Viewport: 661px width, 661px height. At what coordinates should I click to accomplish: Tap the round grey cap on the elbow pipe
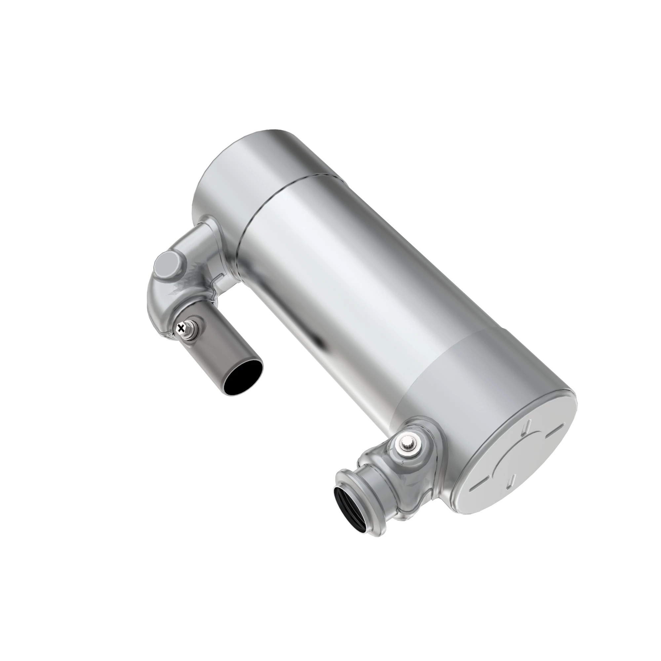(x=166, y=265)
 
